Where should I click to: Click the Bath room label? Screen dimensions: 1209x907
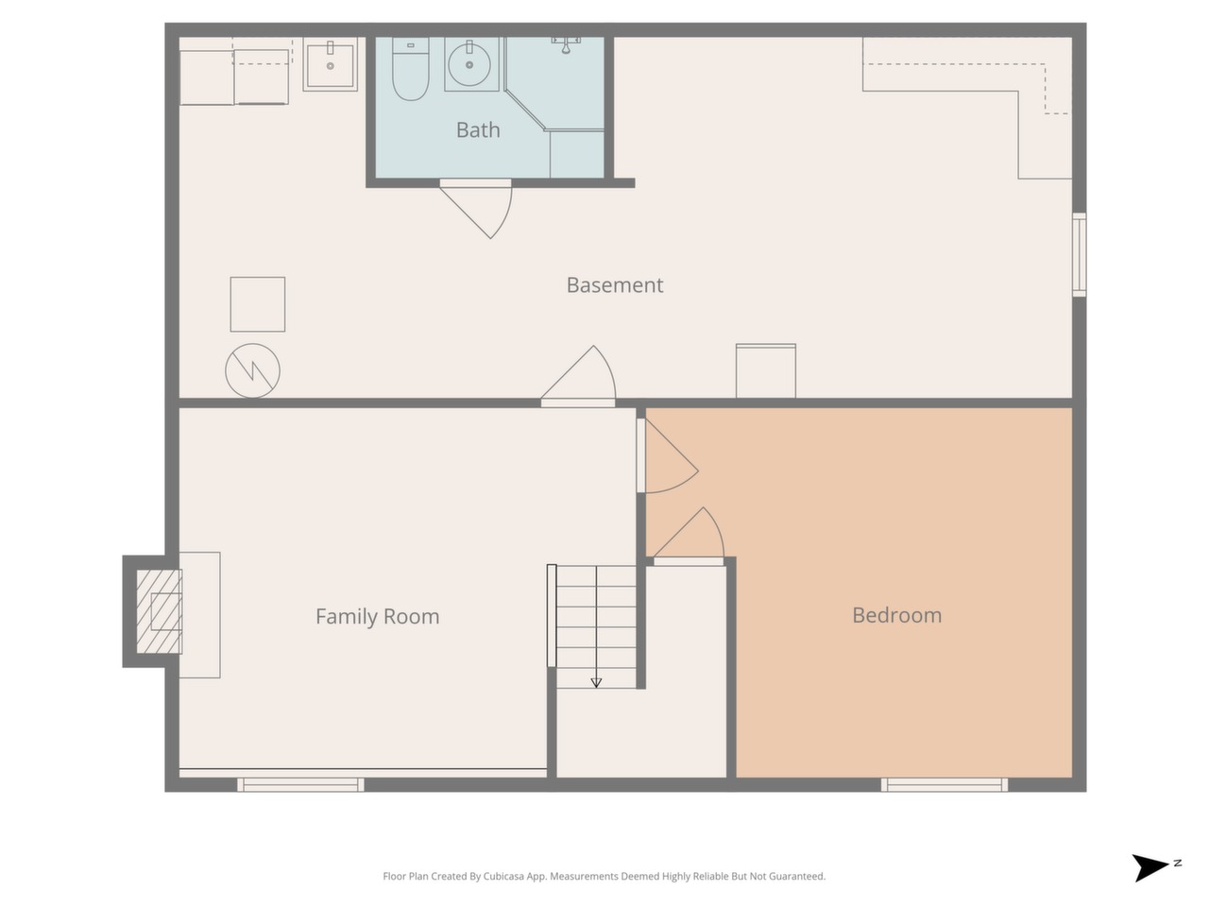tap(478, 130)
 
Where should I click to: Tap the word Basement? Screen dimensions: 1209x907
tap(614, 284)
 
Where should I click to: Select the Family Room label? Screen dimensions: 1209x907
tap(377, 616)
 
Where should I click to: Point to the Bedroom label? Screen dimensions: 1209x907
tap(896, 615)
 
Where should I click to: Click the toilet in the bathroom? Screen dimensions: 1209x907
tap(410, 69)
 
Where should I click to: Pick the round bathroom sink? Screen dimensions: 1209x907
tap(469, 64)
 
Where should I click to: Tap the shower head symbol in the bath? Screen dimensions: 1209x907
tap(566, 44)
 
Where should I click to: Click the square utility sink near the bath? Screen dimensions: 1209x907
tap(330, 64)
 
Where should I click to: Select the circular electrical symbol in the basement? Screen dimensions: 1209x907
tap(252, 370)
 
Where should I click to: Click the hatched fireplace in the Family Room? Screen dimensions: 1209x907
tap(159, 611)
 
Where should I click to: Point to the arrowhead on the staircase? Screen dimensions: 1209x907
tap(596, 683)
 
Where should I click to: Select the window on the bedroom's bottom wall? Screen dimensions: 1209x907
tap(945, 785)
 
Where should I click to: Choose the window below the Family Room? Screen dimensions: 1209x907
tap(300, 785)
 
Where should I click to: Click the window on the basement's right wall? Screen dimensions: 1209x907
tap(1079, 254)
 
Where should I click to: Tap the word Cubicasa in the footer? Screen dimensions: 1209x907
tap(504, 876)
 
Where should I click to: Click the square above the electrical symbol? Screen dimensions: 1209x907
tap(257, 304)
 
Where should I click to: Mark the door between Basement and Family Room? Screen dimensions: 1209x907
tap(578, 377)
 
